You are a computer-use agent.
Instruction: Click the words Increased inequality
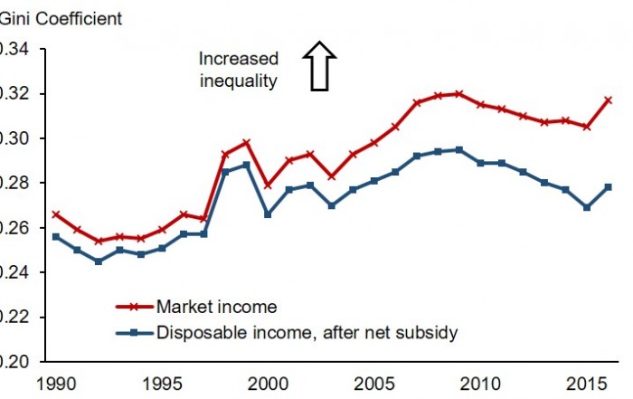click(x=239, y=70)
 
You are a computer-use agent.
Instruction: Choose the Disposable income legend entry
click(x=307, y=333)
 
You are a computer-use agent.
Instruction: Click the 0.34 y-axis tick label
click(x=14, y=49)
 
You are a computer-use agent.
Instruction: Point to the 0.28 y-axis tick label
click(x=14, y=183)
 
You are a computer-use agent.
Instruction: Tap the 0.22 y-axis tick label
click(x=14, y=317)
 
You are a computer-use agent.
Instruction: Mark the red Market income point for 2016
click(x=609, y=100)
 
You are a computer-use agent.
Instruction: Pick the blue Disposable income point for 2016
click(x=609, y=187)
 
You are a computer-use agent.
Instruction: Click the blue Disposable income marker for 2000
click(x=267, y=214)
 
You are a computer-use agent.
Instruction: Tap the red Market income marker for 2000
click(x=267, y=185)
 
